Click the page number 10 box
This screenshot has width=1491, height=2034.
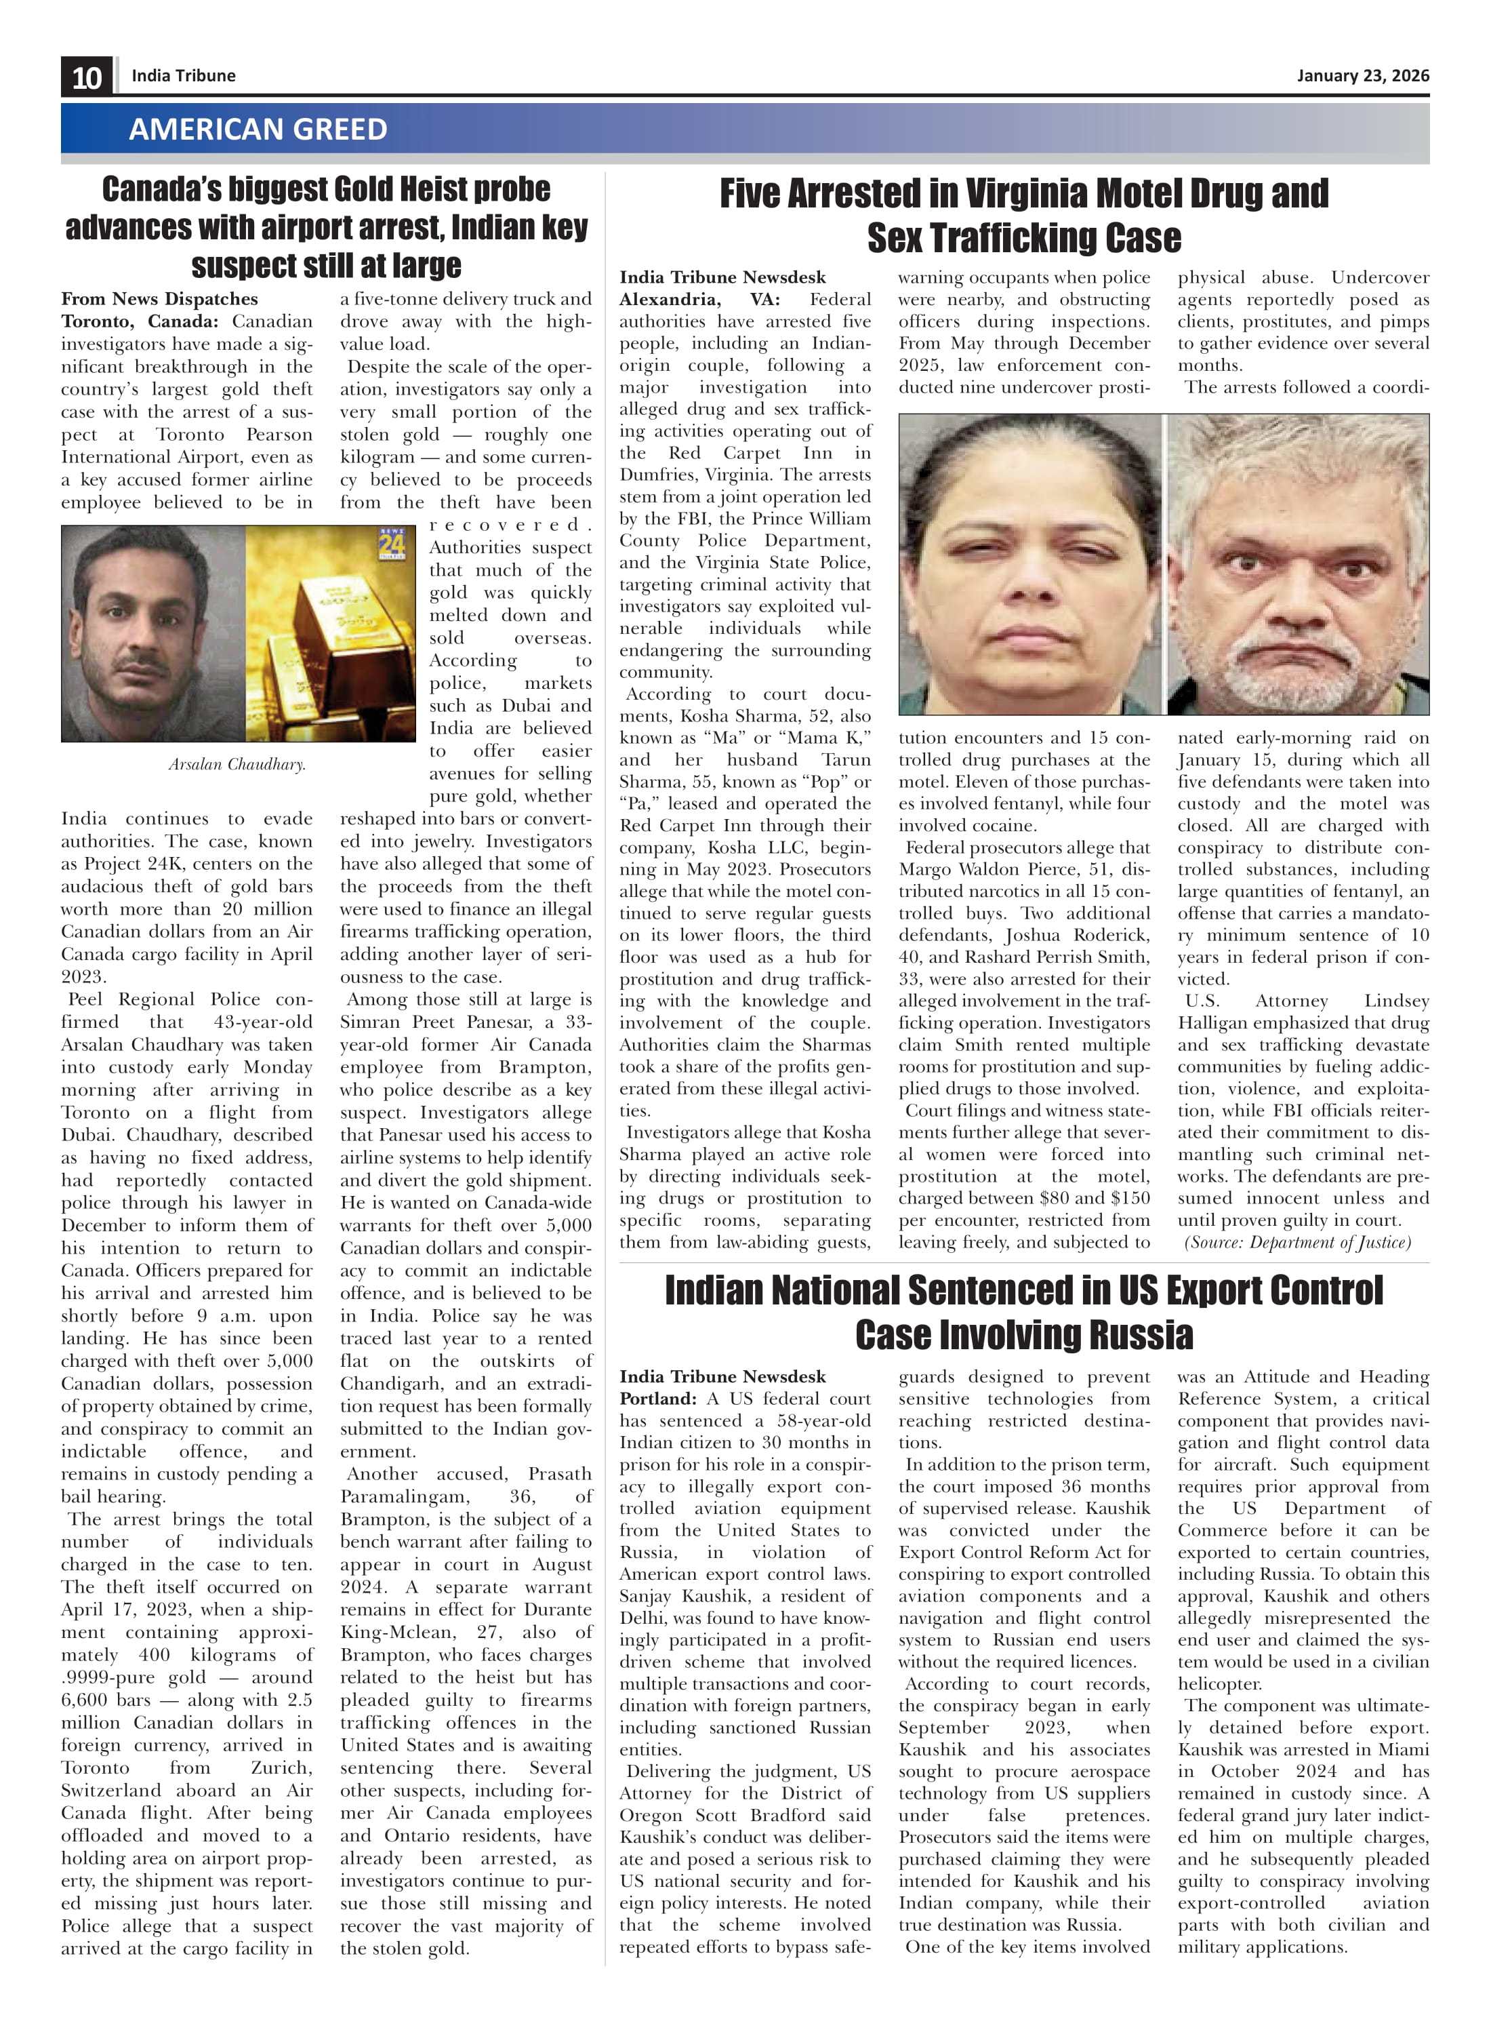point(87,77)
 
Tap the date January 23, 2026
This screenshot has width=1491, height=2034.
point(1363,76)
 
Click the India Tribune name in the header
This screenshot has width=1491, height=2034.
point(183,76)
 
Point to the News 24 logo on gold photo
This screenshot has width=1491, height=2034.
point(392,544)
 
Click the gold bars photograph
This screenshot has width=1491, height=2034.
point(330,634)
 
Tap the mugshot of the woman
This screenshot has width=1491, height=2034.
point(1029,564)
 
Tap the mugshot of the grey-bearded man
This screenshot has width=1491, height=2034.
point(1298,564)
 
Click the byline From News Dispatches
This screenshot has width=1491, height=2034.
point(160,299)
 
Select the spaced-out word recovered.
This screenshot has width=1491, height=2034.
point(510,525)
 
